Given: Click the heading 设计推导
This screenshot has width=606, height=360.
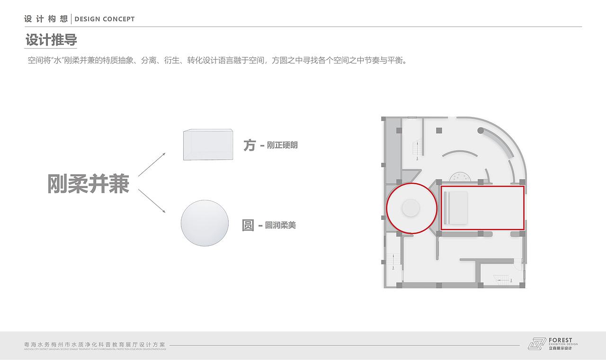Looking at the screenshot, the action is tap(51, 40).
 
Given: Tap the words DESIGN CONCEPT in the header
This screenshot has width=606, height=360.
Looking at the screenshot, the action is tap(105, 19).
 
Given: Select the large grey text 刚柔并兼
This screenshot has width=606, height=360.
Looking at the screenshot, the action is tap(88, 184).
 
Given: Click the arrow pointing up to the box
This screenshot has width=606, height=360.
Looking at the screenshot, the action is tap(151, 164).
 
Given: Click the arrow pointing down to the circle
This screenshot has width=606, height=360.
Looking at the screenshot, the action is tap(151, 201).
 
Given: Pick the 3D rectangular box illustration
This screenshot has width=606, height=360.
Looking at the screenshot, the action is tap(208, 144).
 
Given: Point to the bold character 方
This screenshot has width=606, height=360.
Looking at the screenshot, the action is tap(250, 145).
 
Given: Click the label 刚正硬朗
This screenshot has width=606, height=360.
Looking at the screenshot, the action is tap(282, 145).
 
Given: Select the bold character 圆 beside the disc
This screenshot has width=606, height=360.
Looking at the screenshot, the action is tap(248, 225).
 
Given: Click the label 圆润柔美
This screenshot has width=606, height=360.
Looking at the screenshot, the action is tap(280, 225).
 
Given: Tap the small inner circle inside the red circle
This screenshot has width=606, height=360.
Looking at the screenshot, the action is tap(410, 208).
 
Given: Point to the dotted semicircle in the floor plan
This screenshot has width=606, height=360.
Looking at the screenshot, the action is tap(460, 177).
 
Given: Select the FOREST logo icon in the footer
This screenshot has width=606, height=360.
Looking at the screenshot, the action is tap(537, 343).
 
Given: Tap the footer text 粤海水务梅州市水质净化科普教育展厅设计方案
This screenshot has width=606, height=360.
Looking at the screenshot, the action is tap(95, 344).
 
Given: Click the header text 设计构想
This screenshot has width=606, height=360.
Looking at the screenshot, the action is tap(46, 19).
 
